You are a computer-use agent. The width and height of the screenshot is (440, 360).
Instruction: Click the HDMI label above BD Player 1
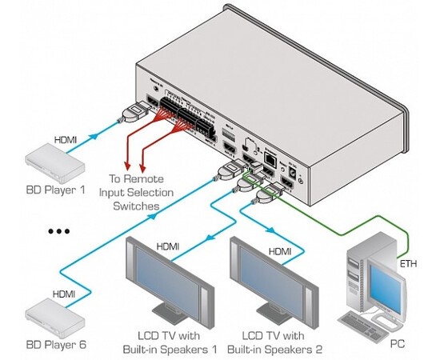pyautogui.click(x=66, y=139)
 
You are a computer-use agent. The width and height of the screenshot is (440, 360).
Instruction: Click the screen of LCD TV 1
pyautogui.click(x=167, y=277)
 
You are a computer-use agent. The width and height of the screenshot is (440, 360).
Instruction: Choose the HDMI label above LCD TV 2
pyautogui.click(x=279, y=251)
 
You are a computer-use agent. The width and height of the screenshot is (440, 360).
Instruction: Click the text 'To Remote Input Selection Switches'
pyautogui.click(x=134, y=193)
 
